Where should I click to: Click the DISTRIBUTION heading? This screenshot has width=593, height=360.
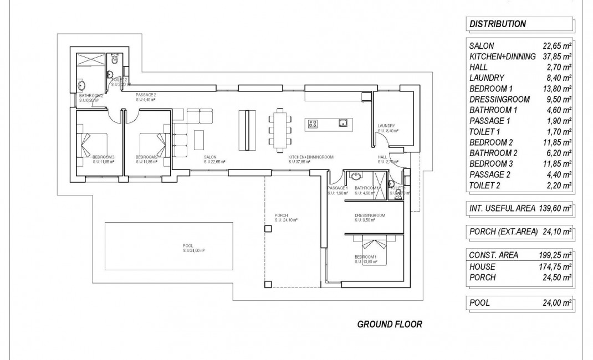(497, 24)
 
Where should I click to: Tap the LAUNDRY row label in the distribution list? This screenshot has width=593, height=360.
(487, 78)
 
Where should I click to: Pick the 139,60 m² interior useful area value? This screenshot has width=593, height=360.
(556, 209)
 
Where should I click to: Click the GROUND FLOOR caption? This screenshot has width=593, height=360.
(390, 324)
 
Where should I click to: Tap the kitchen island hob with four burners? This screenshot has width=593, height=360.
(313, 124)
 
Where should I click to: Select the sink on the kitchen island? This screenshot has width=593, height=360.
(343, 123)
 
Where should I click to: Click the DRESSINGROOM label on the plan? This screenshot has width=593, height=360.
(370, 215)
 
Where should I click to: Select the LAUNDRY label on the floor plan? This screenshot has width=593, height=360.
(386, 126)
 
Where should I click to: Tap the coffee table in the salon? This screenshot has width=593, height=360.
(199, 138)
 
